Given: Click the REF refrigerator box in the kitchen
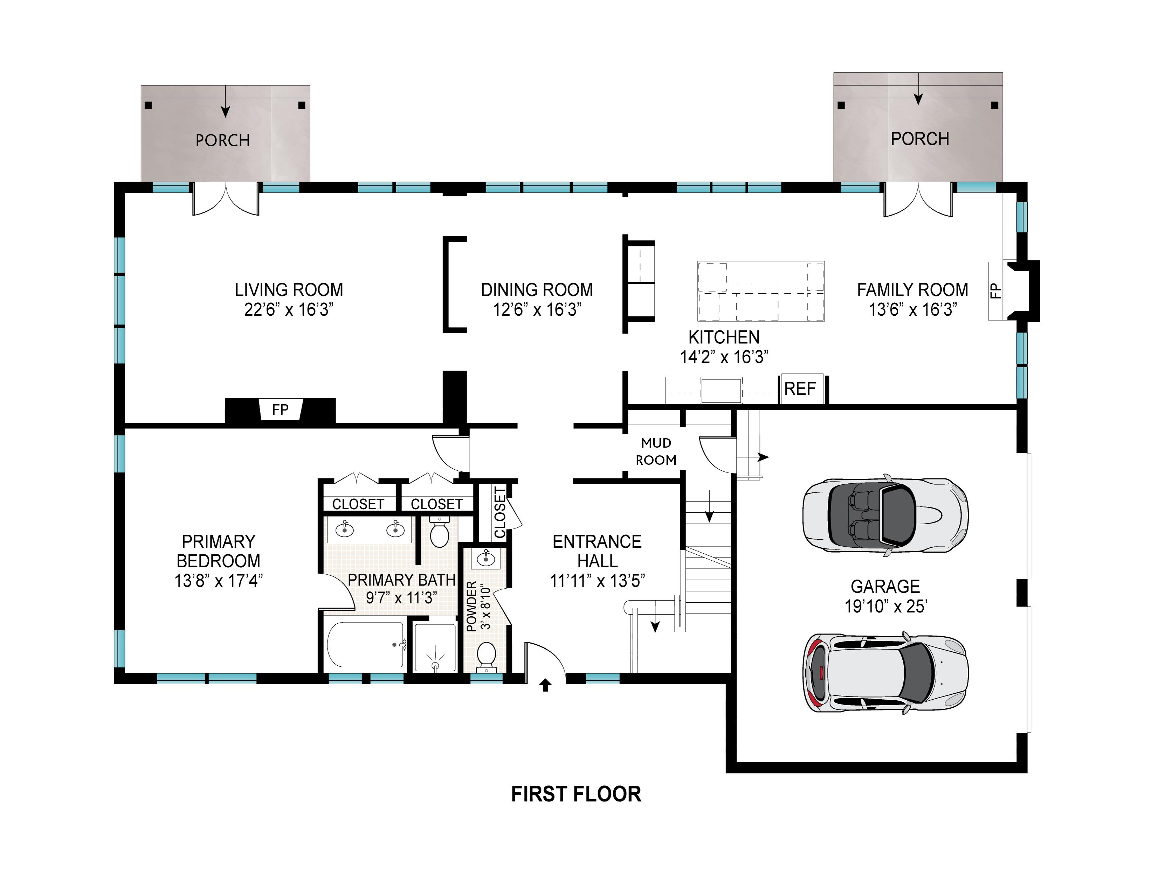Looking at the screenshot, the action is click(802, 389).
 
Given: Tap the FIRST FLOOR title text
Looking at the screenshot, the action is click(576, 794).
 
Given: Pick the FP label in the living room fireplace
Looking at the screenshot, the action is click(280, 409).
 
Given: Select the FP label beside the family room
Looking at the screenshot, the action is click(995, 290).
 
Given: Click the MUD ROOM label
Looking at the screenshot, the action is click(656, 451).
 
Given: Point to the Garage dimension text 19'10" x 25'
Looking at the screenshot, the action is click(886, 606).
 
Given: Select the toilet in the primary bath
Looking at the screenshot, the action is click(439, 532).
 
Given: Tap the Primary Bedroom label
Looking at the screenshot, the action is click(219, 561).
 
